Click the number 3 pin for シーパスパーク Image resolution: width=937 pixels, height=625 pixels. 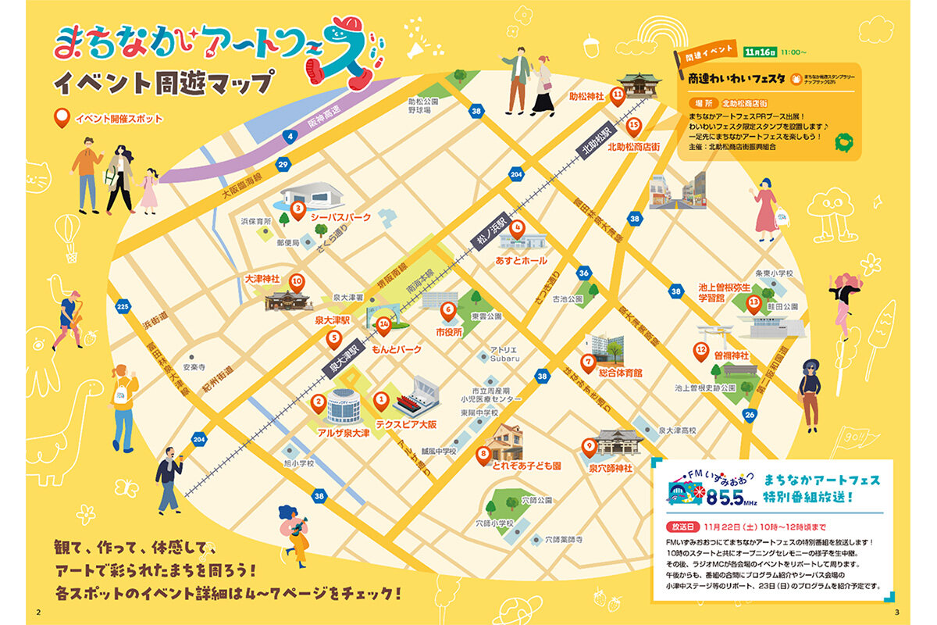coord(297,209)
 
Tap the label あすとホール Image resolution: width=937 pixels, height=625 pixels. coord(522,260)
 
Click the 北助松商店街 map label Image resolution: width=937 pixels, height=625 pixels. coord(633,147)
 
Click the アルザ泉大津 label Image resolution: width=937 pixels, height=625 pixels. coord(344,432)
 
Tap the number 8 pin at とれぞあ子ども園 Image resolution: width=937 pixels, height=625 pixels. coord(484,452)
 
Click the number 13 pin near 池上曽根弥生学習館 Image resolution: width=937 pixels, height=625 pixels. coord(754,302)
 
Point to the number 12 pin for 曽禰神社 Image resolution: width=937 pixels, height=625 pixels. coord(701,351)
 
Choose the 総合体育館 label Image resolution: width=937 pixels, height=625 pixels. coord(620,373)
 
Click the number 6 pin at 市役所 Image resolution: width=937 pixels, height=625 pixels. coord(448,310)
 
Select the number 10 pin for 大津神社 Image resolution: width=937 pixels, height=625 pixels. coord(297,281)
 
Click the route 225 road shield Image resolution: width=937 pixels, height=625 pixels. coord(122,307)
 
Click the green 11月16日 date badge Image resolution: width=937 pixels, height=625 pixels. coord(761,52)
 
